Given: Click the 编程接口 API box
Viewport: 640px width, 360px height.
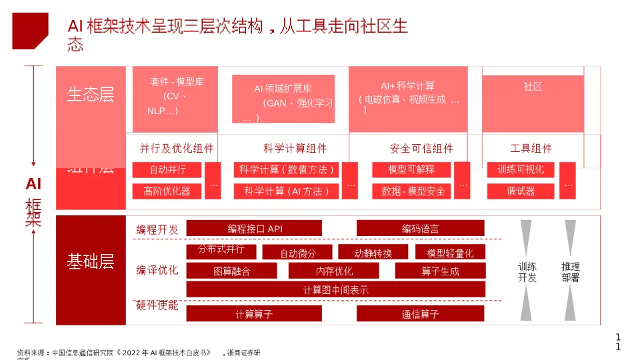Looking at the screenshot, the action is pyautogui.click(x=254, y=229).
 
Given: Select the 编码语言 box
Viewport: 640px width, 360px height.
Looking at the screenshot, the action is pyautogui.click(x=420, y=229).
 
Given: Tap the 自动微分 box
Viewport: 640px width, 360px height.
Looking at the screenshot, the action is pyautogui.click(x=297, y=253).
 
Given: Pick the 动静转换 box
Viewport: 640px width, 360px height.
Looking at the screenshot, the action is pyautogui.click(x=373, y=253).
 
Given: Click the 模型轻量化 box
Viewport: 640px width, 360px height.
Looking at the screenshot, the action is pyautogui.click(x=450, y=253).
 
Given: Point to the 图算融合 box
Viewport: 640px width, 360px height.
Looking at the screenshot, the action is pyautogui.click(x=231, y=271).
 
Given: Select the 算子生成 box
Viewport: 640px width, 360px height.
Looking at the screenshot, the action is pyautogui.click(x=440, y=271).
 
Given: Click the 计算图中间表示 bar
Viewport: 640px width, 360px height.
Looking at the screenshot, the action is pyautogui.click(x=335, y=289).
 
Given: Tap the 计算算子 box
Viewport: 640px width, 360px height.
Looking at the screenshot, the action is pyautogui.click(x=254, y=314).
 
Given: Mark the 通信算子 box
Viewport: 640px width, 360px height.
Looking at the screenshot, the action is pyautogui.click(x=420, y=314).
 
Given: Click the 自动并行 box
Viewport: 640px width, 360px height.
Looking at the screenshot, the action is pyautogui.click(x=167, y=170).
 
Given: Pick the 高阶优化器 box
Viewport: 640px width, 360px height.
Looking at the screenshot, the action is pyautogui.click(x=167, y=191).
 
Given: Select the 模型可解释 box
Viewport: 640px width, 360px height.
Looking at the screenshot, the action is pyautogui.click(x=411, y=170).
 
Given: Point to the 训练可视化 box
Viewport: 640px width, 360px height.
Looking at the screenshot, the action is pyautogui.click(x=521, y=170).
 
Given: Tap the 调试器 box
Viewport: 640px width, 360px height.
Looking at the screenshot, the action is pyautogui.click(x=521, y=191).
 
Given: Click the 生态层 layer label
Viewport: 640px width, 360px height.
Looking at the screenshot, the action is pyautogui.click(x=91, y=95).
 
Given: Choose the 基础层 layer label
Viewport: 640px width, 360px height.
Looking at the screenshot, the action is pyautogui.click(x=91, y=262).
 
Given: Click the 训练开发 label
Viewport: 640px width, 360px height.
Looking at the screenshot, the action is pyautogui.click(x=527, y=272).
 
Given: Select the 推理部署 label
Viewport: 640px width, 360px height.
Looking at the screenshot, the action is pyautogui.click(x=570, y=272).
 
